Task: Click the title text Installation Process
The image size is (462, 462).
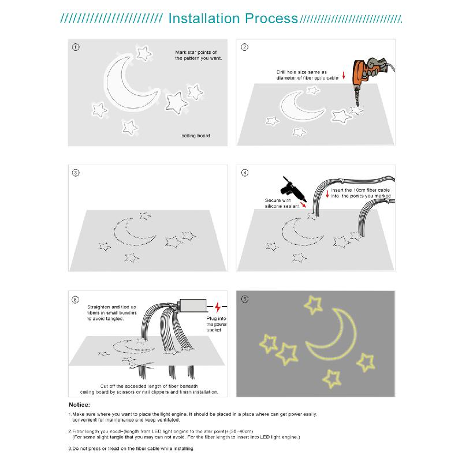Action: (x=232, y=18)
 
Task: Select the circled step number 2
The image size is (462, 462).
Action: (x=245, y=47)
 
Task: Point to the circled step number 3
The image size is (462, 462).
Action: (x=76, y=173)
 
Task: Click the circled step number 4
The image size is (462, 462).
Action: (x=245, y=173)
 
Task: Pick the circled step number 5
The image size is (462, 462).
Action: (x=76, y=299)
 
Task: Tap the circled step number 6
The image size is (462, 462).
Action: (x=245, y=299)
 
